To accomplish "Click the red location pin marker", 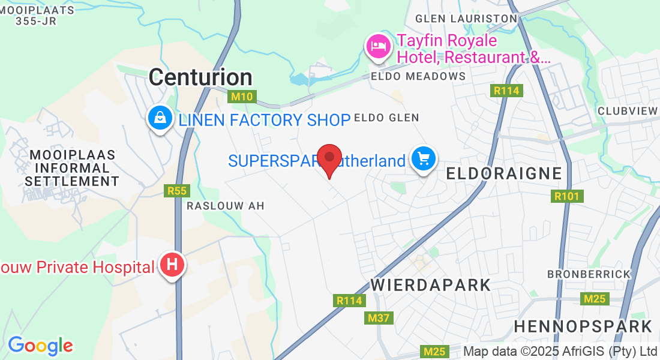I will pyautogui.click(x=329, y=160).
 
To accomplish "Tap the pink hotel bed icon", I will pyautogui.click(x=378, y=46).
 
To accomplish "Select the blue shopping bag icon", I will pyautogui.click(x=160, y=118).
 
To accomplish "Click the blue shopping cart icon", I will pyautogui.click(x=424, y=159).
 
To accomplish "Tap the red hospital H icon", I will pyautogui.click(x=172, y=265).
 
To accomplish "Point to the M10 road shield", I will pyautogui.click(x=243, y=97).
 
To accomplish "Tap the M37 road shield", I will pyautogui.click(x=379, y=318).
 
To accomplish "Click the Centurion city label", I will pyautogui.click(x=200, y=77).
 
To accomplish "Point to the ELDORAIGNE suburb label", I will pyautogui.click(x=504, y=173).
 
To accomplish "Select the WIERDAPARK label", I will pyautogui.click(x=431, y=284).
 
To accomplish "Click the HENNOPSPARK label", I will pyautogui.click(x=583, y=326).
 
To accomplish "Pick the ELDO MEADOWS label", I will pyautogui.click(x=418, y=76).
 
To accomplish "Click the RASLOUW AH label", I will pyautogui.click(x=225, y=206).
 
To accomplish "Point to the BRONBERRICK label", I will pyautogui.click(x=589, y=274).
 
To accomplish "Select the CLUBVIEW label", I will pyautogui.click(x=628, y=111).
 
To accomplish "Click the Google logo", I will pyautogui.click(x=40, y=346).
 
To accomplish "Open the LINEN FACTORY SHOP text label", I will pyautogui.click(x=264, y=120).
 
